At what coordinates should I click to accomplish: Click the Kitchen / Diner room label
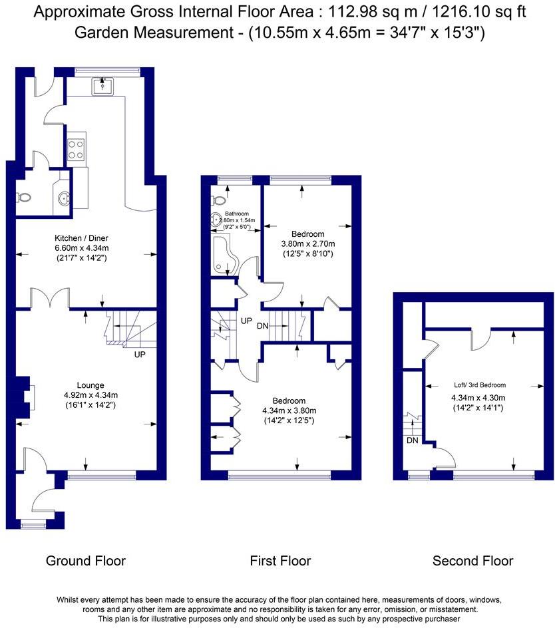[x=81, y=238]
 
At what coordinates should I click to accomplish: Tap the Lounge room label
[x=91, y=385]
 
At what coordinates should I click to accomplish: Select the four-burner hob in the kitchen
[x=76, y=150]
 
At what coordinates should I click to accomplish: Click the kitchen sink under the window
[x=102, y=86]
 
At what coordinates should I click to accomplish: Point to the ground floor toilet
[x=24, y=198]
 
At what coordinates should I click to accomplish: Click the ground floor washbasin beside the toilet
[x=63, y=198]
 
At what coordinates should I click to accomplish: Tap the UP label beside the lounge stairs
[x=140, y=355]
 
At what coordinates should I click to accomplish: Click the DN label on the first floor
[x=262, y=326]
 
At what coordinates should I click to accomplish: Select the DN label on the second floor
[x=413, y=440]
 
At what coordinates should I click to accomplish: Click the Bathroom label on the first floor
[x=237, y=214]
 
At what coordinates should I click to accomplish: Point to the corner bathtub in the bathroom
[x=225, y=255]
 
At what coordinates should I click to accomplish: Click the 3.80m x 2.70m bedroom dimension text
[x=308, y=244]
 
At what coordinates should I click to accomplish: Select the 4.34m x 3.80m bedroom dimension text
[x=289, y=410]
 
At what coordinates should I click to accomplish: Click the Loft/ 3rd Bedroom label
[x=480, y=385]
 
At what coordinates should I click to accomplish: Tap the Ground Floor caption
[x=86, y=561]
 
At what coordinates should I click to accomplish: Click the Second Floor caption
[x=473, y=561]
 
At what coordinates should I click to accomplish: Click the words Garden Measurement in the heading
[x=154, y=33]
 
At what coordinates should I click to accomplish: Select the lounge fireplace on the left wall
[x=25, y=397]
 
